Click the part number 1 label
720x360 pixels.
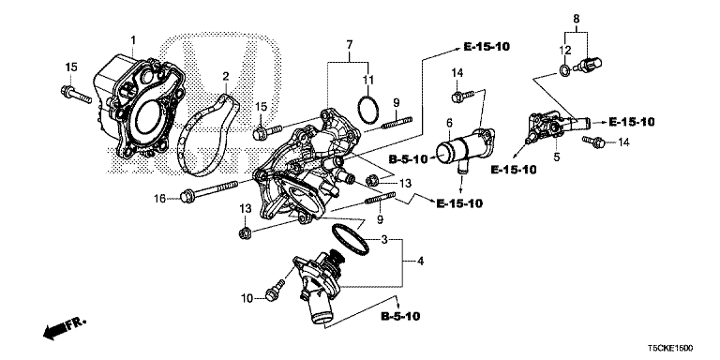click(133, 38)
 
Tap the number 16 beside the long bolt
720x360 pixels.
click(161, 198)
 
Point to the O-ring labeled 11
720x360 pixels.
click(368, 109)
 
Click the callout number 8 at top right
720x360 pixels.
click(577, 18)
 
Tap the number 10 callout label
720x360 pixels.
click(247, 298)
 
